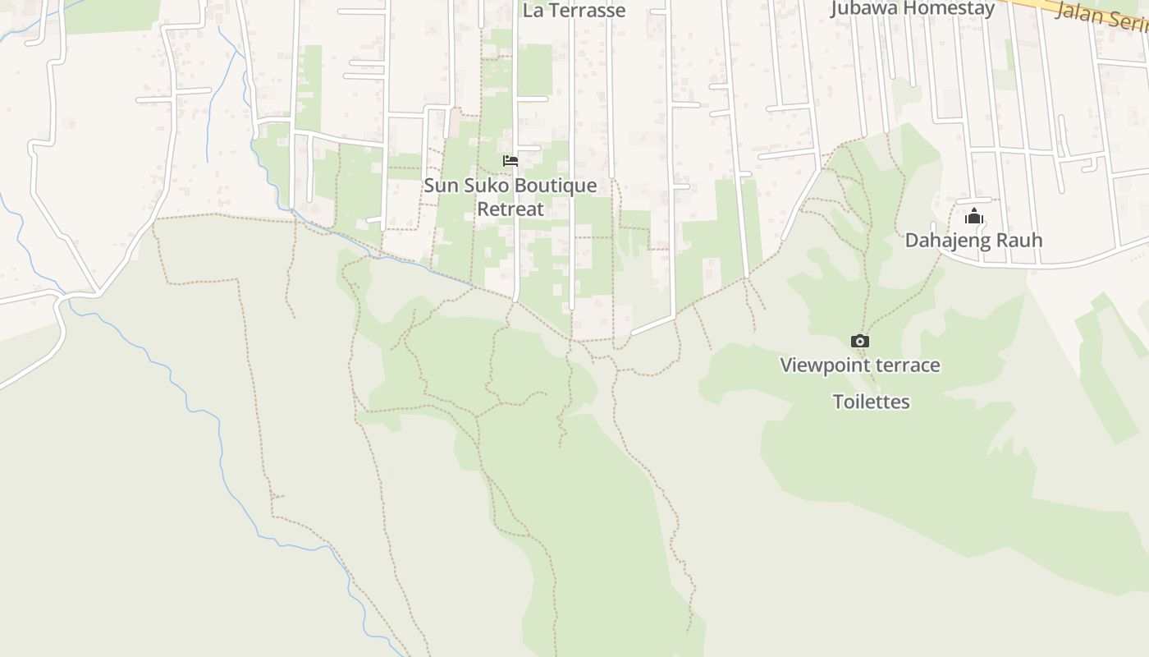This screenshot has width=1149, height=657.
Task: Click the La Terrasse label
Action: (x=574, y=11)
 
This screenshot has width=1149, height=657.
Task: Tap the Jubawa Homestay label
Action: (x=913, y=9)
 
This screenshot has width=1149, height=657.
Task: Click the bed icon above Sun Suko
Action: (x=510, y=161)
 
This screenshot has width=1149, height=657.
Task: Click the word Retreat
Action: (x=510, y=209)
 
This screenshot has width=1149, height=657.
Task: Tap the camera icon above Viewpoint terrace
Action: (x=859, y=341)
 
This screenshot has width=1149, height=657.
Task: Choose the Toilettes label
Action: (x=872, y=402)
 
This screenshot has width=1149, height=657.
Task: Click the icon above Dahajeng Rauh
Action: (x=974, y=217)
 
